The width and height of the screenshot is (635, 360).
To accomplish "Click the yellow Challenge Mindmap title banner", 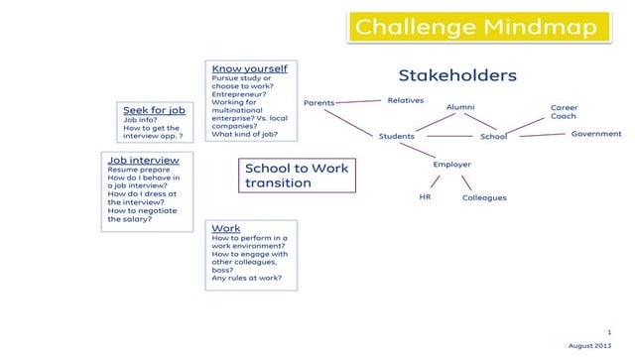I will coord(476,27).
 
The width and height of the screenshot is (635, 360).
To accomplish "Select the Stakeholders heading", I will coord(457,75).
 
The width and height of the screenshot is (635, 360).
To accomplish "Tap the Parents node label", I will coord(318,102).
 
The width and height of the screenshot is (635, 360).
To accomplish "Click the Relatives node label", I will coord(405,100).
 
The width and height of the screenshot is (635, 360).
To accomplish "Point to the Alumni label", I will coord(460,107).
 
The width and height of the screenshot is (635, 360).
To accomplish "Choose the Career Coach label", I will coord(564,112).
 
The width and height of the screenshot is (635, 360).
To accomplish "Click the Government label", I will coord(595,134).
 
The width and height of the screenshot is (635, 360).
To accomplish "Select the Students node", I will coord(396,137).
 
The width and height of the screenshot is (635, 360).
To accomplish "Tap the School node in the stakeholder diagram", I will coord(493,137).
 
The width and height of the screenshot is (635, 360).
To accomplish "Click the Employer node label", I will coord(451,165).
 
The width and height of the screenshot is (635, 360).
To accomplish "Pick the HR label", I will coord(425,196).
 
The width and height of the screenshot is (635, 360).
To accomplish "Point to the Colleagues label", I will coord(484,197).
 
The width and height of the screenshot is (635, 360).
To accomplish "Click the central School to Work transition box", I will coord(297,176).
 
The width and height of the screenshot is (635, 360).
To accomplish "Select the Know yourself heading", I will coord(249,68).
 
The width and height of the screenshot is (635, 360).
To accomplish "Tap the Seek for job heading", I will coord(154,110).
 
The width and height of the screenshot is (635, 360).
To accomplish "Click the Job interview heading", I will coord(143,160).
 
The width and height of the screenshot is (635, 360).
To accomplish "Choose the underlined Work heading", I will coord(225,228).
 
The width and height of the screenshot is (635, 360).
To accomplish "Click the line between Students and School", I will coord(447,137).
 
